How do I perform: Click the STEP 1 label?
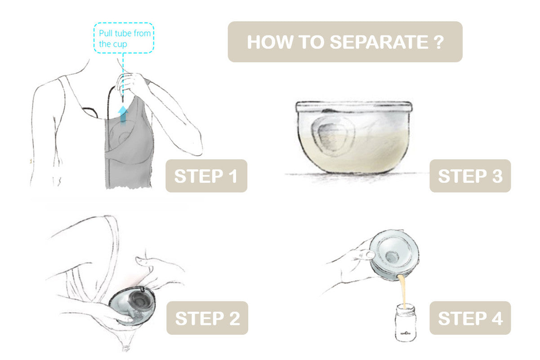pyautogui.click(x=206, y=175)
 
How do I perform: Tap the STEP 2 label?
pyautogui.click(x=207, y=318)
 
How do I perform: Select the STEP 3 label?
pyautogui.click(x=470, y=175)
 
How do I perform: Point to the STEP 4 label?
pyautogui.click(x=470, y=318)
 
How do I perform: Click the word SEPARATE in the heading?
pyautogui.click(x=379, y=42)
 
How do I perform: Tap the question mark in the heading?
pyautogui.click(x=439, y=42)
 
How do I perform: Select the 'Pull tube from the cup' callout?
pyautogui.click(x=124, y=38)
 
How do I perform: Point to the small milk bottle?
pyautogui.click(x=406, y=323)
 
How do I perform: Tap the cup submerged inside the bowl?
pyautogui.click(x=333, y=136)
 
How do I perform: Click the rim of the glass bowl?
pyautogui.click(x=354, y=106)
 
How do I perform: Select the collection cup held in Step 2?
pyautogui.click(x=132, y=305)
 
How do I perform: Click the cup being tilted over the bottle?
pyautogui.click(x=394, y=255)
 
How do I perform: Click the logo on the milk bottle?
pyautogui.click(x=406, y=333)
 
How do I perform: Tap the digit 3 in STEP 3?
pyautogui.click(x=497, y=176)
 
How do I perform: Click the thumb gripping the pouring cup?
pyautogui.click(x=367, y=254)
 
